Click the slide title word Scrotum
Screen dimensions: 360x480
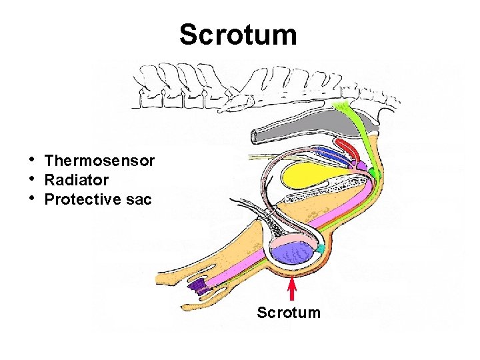[x=238, y=35]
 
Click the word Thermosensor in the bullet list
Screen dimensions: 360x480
[x=99, y=161]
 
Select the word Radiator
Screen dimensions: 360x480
[x=76, y=180]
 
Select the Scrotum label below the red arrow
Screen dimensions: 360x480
[x=289, y=312]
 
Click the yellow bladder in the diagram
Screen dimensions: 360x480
[x=313, y=176]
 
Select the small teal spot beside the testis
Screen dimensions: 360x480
[x=321, y=249]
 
